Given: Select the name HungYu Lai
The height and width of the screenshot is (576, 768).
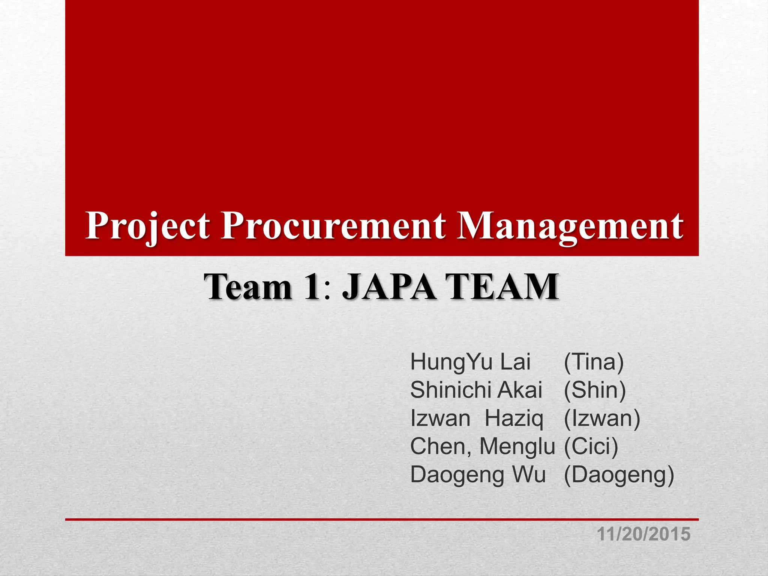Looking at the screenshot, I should tap(470, 362).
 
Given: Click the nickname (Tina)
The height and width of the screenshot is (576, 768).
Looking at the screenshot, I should tap(594, 362).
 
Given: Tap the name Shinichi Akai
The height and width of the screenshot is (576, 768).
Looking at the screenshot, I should tap(476, 390).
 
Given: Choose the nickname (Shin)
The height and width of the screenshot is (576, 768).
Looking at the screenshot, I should tap(595, 390).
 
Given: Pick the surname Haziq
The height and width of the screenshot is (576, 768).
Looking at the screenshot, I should tap(514, 418).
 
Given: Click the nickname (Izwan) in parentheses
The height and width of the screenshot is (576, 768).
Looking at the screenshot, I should tap(602, 418).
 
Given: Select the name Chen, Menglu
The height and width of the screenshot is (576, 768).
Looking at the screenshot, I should tap(482, 447).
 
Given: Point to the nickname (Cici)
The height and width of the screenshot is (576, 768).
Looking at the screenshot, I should tap(591, 447).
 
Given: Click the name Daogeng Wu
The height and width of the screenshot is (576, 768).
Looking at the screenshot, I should tap(478, 475).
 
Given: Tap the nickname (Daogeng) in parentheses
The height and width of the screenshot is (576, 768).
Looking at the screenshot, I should tap(619, 475).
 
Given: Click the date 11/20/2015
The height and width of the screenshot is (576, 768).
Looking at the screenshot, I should tap(643, 534).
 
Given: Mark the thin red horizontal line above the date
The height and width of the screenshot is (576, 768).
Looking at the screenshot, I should tap(382, 519).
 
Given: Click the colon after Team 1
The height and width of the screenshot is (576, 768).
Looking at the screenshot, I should tap(328, 292).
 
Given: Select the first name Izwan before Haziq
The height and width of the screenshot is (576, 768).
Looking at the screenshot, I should tap(440, 418).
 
